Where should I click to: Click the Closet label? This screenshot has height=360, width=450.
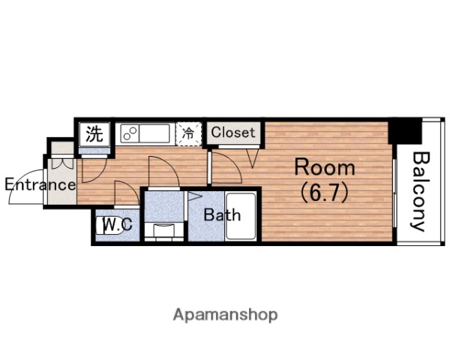233,132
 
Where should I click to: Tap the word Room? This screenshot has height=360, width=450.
325,167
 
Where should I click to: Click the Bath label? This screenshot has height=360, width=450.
222,214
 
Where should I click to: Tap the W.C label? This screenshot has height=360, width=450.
118,224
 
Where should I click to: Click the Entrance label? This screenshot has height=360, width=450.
40,184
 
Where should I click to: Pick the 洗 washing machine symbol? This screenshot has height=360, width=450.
94,134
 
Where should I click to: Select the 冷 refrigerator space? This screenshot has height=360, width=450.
188,133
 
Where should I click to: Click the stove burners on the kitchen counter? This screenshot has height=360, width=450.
130,133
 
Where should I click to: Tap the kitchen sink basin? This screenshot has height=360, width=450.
154,133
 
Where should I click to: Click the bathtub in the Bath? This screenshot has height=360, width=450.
241,217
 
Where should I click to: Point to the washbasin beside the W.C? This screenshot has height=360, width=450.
163,230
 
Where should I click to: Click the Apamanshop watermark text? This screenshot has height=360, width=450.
225,315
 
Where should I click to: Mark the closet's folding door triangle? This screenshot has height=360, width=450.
252,158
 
